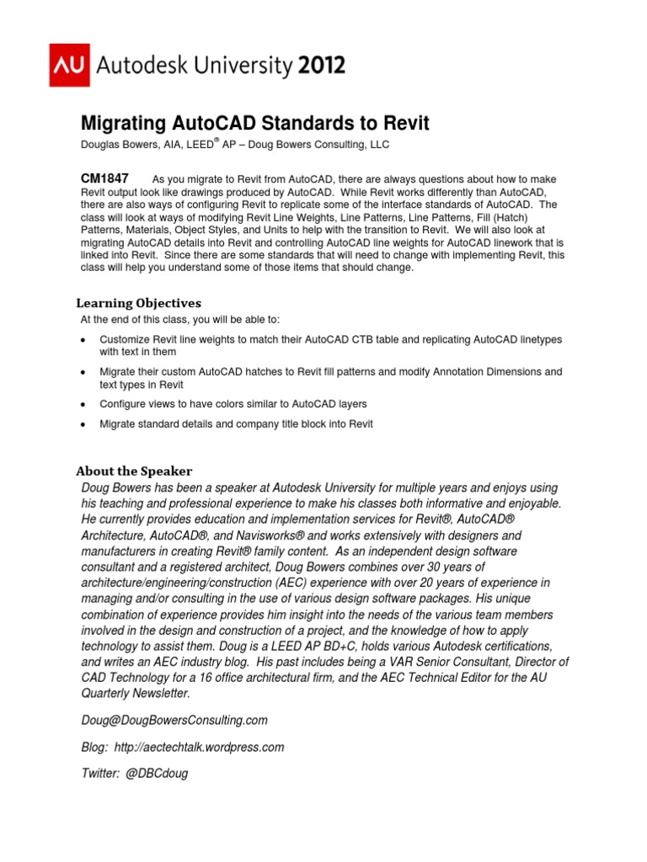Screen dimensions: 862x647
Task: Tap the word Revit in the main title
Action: coord(404,124)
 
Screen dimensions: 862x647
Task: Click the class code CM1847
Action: coord(104,178)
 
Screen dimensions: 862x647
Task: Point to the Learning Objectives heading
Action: coord(138,302)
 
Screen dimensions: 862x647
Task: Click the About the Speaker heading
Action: coord(134,471)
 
